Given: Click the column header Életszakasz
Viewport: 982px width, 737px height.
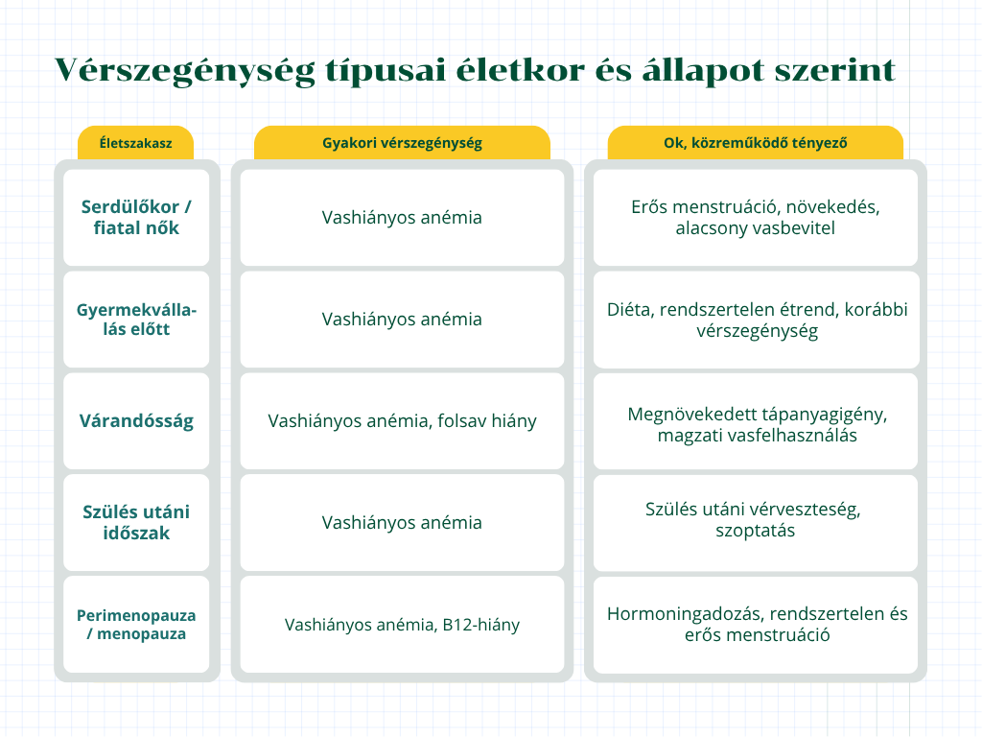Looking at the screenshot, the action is pyautogui.click(x=136, y=143).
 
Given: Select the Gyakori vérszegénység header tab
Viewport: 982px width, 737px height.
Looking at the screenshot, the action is pyautogui.click(x=402, y=143).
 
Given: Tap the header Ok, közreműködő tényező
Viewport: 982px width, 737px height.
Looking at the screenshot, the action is pyautogui.click(x=756, y=143).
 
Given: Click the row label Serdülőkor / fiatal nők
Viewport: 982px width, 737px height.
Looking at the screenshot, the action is pyautogui.click(x=136, y=218).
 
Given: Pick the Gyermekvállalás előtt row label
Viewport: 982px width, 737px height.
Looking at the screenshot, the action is pyautogui.click(x=136, y=319).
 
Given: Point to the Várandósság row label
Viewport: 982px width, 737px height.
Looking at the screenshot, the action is pyautogui.click(x=136, y=421).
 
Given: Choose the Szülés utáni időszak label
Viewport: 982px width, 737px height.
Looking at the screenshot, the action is pyautogui.click(x=136, y=523).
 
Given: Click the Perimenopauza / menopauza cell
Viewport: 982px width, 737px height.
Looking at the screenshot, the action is pyautogui.click(x=136, y=624).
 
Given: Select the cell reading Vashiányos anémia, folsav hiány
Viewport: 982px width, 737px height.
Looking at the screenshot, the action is pyautogui.click(x=402, y=421).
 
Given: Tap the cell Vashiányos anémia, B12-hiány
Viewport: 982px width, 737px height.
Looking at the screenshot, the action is pyautogui.click(x=402, y=624).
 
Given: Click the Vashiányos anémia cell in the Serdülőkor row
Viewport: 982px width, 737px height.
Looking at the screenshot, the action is pyautogui.click(x=402, y=218).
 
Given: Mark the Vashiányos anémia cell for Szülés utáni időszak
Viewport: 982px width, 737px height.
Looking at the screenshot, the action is pyautogui.click(x=402, y=523).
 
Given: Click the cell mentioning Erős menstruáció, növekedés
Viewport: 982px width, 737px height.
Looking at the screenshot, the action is pyautogui.click(x=756, y=218).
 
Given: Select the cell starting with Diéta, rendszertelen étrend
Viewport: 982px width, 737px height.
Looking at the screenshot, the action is pyautogui.click(x=756, y=320).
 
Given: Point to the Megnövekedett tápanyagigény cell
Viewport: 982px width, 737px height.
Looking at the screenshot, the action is pyautogui.click(x=756, y=421).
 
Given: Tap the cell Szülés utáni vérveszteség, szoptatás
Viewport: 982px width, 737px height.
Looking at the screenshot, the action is pyautogui.click(x=756, y=523).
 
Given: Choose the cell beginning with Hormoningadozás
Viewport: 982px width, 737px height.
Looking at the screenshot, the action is pyautogui.click(x=756, y=624).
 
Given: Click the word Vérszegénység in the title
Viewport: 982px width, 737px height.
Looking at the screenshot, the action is pyautogui.click(x=185, y=71).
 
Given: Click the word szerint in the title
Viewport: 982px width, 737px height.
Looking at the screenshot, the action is pyautogui.click(x=835, y=69).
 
